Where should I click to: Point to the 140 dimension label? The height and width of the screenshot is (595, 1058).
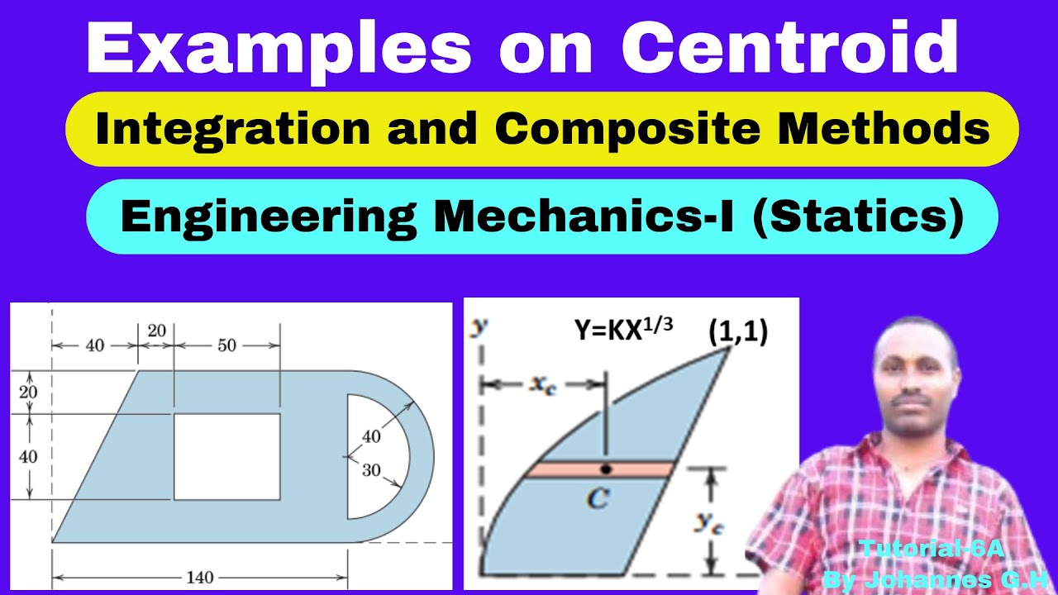[x=199, y=578]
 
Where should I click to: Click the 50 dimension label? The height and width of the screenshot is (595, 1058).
[x=226, y=345]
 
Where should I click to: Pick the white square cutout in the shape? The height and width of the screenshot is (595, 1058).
[x=226, y=457]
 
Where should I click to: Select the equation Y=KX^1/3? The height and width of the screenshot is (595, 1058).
[x=623, y=329]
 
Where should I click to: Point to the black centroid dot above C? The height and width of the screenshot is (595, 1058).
[x=606, y=469]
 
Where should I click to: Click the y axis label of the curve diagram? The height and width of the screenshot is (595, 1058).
[x=477, y=327]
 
